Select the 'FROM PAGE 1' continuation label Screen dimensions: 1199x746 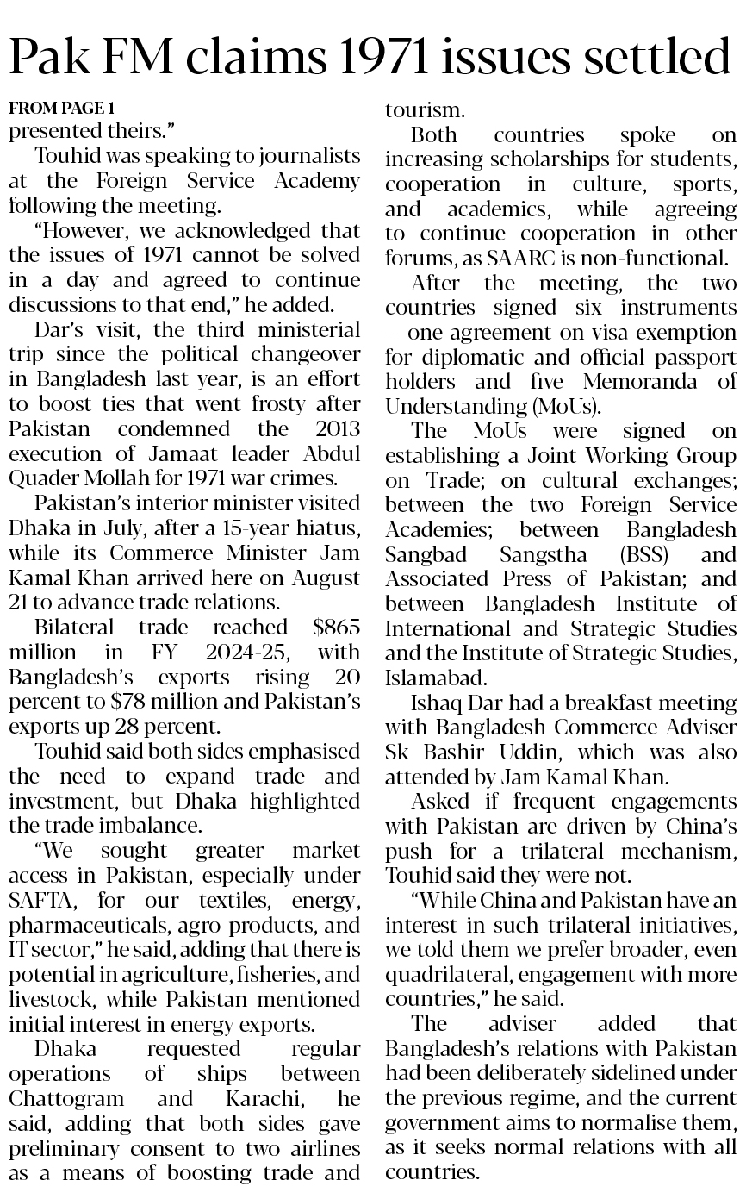61,108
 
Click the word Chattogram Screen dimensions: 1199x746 68,1099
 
